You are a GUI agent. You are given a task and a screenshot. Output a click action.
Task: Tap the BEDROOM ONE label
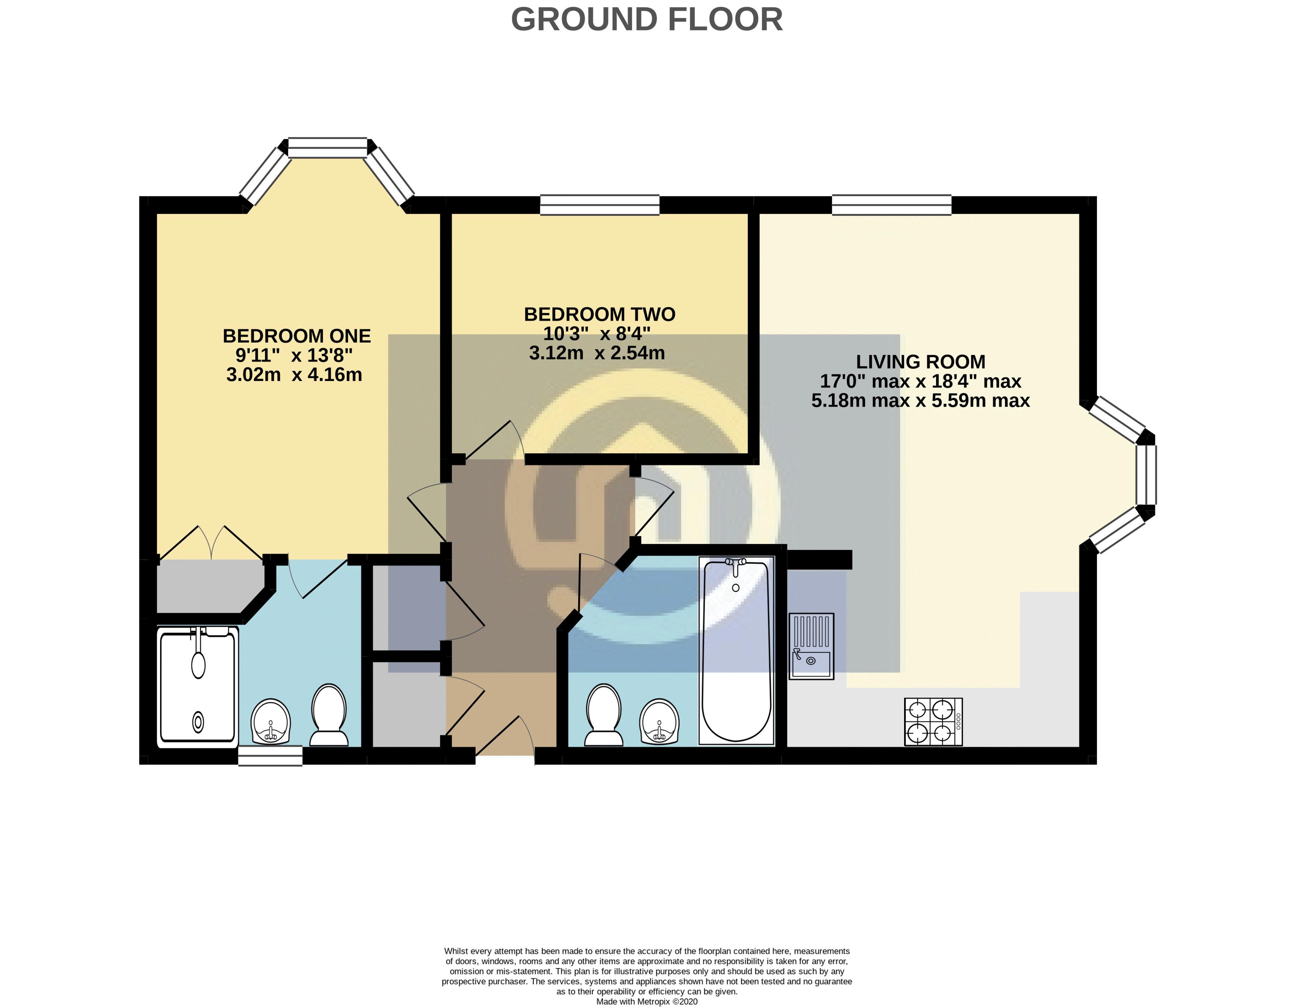[296, 336]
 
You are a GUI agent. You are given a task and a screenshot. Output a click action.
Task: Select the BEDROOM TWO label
[600, 314]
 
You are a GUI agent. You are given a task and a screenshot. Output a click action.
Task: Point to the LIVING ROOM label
[920, 361]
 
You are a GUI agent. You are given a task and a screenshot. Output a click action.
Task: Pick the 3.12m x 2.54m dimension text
[597, 353]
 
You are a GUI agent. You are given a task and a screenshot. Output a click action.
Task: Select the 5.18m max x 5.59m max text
[920, 401]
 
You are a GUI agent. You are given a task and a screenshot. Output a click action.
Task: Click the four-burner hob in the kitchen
[933, 721]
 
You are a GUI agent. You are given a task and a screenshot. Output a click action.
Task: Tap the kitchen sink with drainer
[811, 646]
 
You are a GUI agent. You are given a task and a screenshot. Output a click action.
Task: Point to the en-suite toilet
[329, 715]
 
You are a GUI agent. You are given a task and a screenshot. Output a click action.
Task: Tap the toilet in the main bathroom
[604, 714]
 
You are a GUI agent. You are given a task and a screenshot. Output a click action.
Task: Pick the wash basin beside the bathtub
[659, 721]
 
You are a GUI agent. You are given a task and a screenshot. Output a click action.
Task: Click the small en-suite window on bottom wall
[270, 755]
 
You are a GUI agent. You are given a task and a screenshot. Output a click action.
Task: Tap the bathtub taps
[736, 566]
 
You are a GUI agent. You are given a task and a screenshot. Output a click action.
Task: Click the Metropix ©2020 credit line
[647, 1002]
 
